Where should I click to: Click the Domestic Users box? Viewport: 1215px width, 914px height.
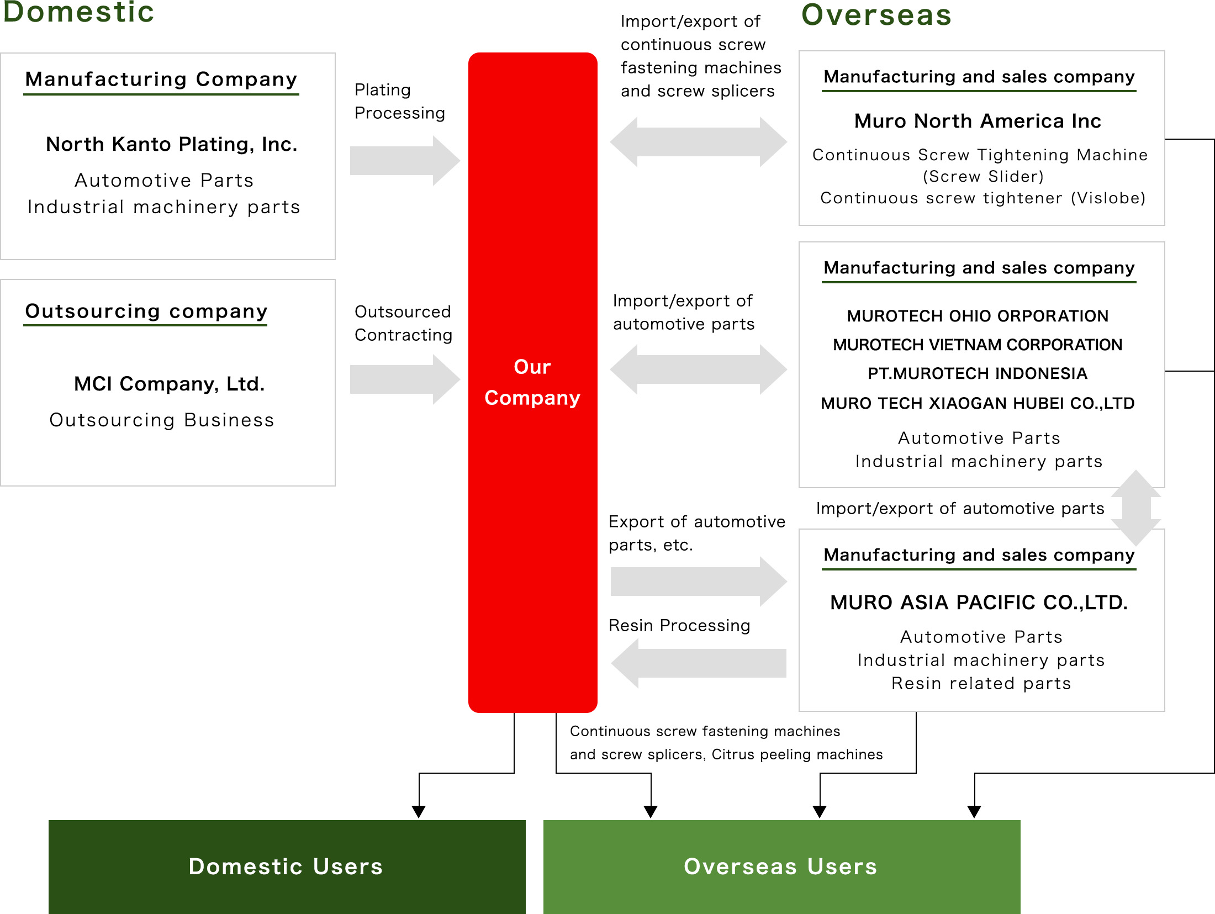tap(287, 866)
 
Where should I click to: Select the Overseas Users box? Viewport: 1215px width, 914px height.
tap(781, 866)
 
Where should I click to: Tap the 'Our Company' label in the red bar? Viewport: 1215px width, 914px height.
tap(532, 382)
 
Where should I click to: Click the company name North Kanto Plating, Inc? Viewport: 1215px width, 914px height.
tap(172, 144)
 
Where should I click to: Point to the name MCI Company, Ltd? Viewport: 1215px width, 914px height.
tap(170, 384)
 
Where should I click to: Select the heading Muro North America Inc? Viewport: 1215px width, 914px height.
tap(978, 121)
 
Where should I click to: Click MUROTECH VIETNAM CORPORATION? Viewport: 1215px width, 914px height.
tap(978, 345)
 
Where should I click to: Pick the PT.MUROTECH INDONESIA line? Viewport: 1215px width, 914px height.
tap(978, 373)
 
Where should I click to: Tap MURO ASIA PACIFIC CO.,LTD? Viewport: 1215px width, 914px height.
tap(979, 602)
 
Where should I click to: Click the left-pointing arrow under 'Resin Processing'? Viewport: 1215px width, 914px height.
tap(698, 663)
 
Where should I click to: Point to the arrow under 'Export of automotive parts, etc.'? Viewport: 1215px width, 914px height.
tap(698, 582)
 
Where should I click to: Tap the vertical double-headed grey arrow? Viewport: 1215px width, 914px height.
tap(1135, 508)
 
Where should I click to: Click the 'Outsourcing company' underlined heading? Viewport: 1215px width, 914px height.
tap(146, 311)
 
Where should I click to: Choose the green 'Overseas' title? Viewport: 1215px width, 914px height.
tap(876, 15)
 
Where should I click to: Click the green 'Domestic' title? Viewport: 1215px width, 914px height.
tap(78, 12)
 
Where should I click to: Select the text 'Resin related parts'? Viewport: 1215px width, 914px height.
tap(981, 683)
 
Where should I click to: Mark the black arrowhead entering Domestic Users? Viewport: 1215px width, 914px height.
tap(419, 811)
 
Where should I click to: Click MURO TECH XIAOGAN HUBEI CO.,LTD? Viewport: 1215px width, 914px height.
tap(978, 403)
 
